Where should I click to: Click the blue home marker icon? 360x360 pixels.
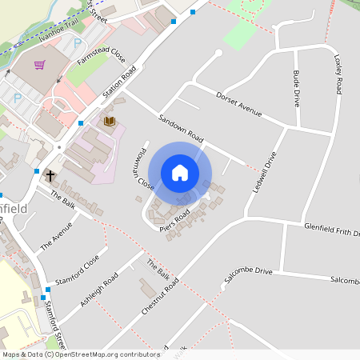click(x=180, y=173)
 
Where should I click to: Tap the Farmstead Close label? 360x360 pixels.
click(x=102, y=57)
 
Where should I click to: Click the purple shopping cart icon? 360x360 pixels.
click(x=40, y=64)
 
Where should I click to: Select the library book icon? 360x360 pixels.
click(x=110, y=121)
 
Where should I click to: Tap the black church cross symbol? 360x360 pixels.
click(x=50, y=174)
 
